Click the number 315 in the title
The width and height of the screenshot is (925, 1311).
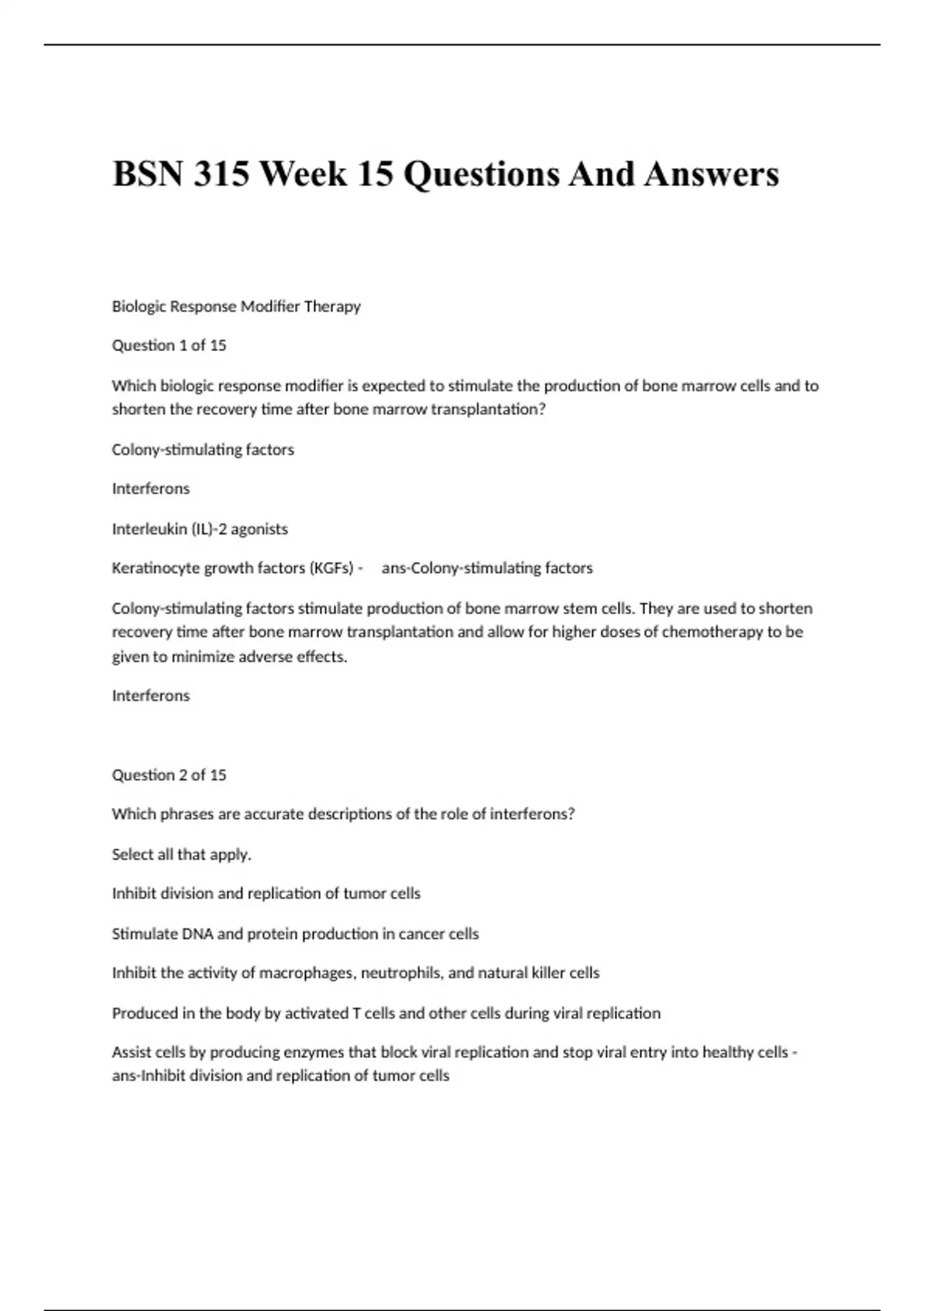[221, 174]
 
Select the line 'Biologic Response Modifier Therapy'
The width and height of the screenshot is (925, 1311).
[236, 306]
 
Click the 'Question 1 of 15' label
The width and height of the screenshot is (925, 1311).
[169, 345]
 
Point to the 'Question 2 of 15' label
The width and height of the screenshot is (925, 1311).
[169, 775]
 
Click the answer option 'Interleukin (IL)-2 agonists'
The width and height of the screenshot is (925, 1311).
[200, 529]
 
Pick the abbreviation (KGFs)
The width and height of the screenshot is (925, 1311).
[331, 568]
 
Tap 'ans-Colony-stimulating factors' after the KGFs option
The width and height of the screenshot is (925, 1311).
[487, 568]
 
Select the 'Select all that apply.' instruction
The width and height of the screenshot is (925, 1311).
[182, 854]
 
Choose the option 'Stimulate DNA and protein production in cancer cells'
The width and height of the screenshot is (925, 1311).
[295, 934]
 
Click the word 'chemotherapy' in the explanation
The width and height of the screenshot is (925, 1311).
[712, 632]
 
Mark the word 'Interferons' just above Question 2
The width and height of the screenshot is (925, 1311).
[150, 696]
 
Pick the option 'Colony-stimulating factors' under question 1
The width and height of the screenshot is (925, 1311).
[203, 450]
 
